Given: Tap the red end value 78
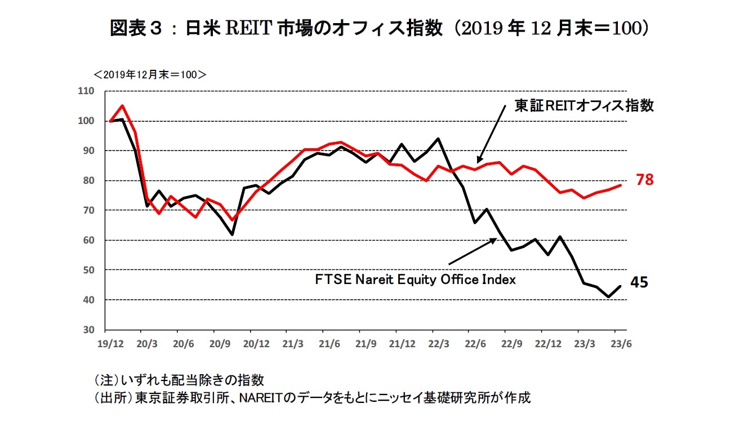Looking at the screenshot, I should point(645,180).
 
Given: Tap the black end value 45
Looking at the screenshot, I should point(639,282).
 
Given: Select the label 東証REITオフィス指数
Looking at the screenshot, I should point(584,106).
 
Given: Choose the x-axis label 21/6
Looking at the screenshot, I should point(328,343).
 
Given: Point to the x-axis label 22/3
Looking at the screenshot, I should point(438,343).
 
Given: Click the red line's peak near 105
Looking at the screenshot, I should point(123,105).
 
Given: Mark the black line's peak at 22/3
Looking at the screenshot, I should point(438,138).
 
